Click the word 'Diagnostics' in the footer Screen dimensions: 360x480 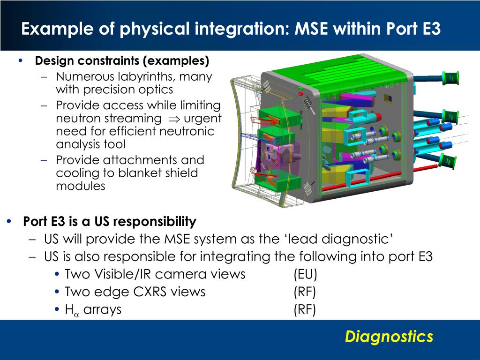389,337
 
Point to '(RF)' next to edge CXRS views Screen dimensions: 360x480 305,292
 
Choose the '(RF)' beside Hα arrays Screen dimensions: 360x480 305,309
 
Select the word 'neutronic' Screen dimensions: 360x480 187,131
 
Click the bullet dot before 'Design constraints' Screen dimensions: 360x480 20,61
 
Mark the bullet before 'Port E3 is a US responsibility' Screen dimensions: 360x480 10,221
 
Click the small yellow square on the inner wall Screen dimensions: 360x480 388,98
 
